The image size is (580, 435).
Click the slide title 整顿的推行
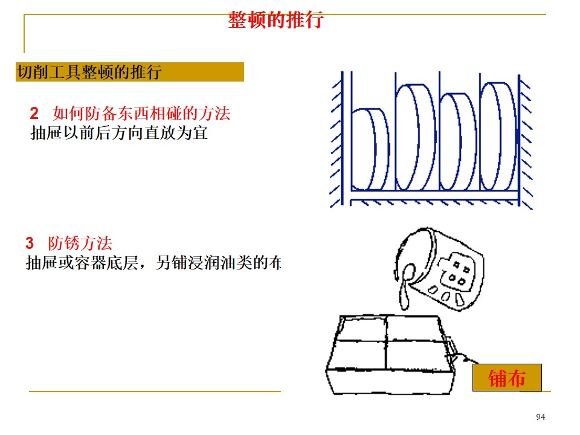[x=275, y=21]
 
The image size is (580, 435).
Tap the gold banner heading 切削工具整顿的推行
[x=89, y=72]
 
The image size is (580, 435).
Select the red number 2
[x=34, y=114]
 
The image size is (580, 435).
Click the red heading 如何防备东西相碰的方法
[x=142, y=114]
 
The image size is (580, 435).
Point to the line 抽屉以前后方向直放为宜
[x=119, y=133]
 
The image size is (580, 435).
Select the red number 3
[x=30, y=244]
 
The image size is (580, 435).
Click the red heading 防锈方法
[x=80, y=244]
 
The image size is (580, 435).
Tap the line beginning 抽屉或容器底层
[x=154, y=263]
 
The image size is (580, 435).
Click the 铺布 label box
[x=507, y=378]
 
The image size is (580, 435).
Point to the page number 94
[x=540, y=417]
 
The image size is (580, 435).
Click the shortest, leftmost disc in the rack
[x=370, y=149]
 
